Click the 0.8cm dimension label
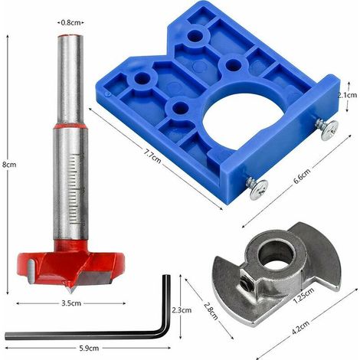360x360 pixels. (70, 23)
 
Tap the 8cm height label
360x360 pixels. (9, 165)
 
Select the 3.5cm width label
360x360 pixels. (71, 303)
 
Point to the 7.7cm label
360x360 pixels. (152, 155)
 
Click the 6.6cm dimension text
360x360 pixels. (302, 176)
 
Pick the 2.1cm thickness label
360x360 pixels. (347, 95)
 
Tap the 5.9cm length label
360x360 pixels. (89, 348)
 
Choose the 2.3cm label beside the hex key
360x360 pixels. (182, 310)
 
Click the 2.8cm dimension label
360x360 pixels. (211, 311)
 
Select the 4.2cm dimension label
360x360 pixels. (301, 328)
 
